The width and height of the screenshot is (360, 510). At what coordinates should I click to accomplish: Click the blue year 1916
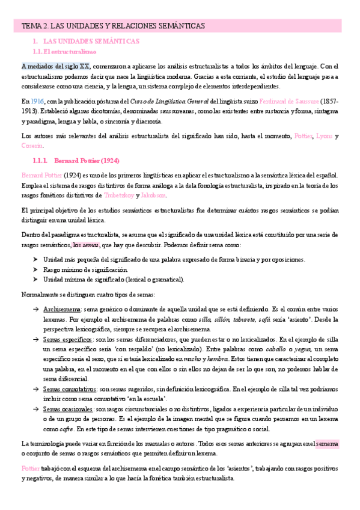pos(37,102)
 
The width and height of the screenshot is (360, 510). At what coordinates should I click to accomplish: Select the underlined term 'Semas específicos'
pos(67,340)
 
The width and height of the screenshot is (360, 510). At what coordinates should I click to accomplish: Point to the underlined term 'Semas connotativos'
pos(69,389)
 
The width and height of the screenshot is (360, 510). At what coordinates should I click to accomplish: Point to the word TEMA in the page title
pos(32,26)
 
